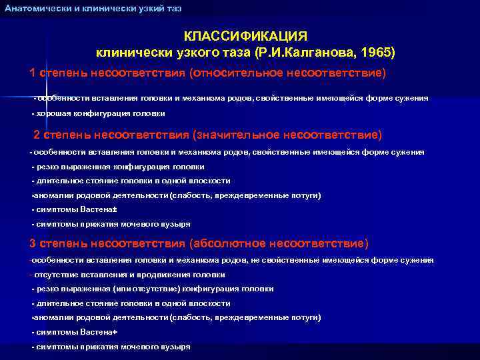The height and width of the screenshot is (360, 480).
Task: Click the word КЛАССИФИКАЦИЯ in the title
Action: coord(246,35)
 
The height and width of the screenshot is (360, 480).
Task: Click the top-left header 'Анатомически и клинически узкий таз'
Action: coord(93,8)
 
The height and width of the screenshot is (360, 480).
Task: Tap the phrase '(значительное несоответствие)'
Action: coord(287,135)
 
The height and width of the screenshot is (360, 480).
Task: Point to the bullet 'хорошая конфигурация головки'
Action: coord(101,113)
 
